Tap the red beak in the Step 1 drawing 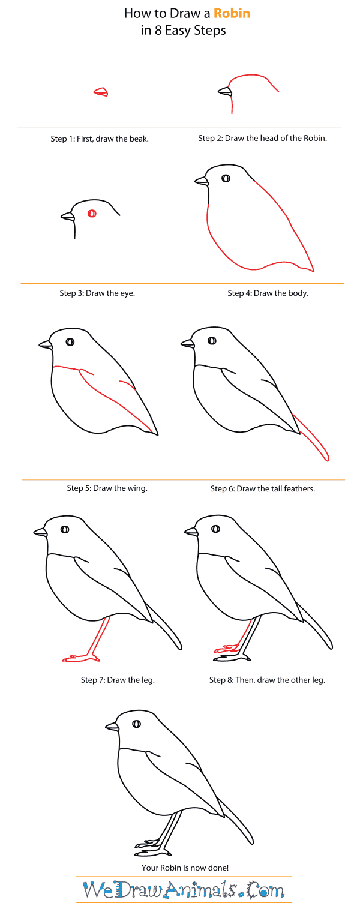coord(101,92)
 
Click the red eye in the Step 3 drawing coord(92,213)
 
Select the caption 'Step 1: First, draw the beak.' coord(99,139)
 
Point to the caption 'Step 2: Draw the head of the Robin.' coord(262,139)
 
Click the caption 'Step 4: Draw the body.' coord(268,293)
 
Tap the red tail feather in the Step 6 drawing coord(312,439)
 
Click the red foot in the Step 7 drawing coord(79,658)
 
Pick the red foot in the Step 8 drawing coord(227,649)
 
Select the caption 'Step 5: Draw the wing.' coord(107,488)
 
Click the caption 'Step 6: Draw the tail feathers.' coord(262,488)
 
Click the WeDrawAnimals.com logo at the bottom coord(184,889)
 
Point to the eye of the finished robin coord(136,724)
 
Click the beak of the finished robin coord(112,727)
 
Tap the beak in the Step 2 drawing coord(225,91)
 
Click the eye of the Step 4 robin coord(226,178)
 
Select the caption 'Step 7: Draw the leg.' coord(118,680)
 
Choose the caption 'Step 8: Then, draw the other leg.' coord(267,680)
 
